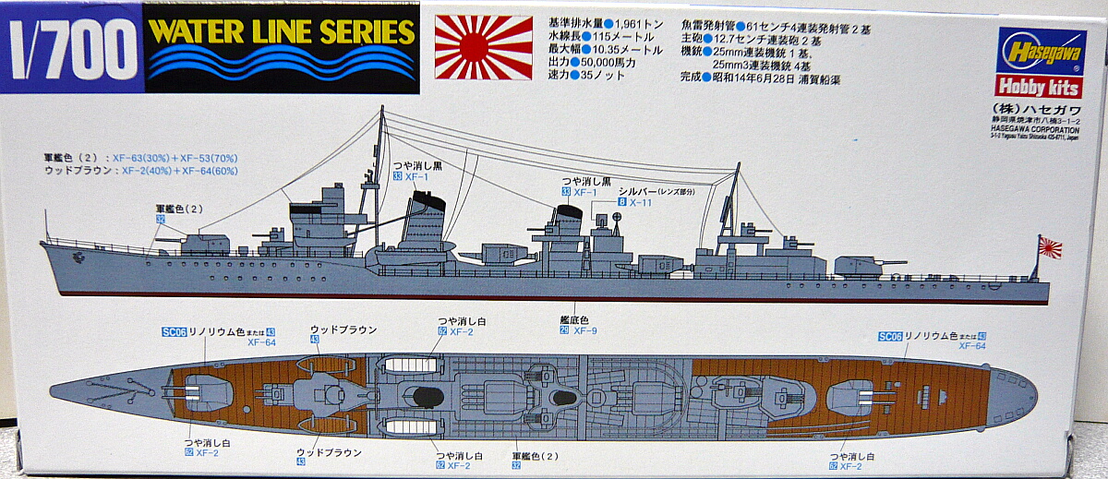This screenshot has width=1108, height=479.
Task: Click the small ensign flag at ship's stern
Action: (1050, 247)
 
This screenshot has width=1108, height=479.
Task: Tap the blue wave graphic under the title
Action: (282, 66)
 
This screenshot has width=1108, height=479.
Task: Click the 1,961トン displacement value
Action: (612, 20)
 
